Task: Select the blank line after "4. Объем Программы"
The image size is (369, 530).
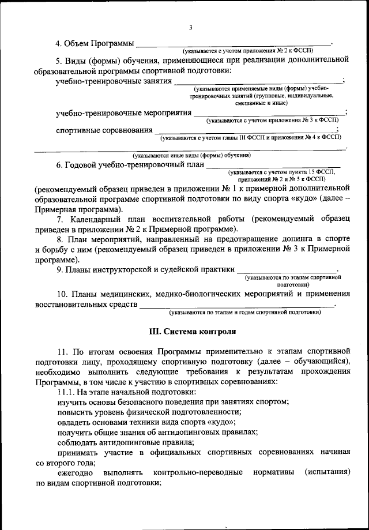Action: pos(234,44)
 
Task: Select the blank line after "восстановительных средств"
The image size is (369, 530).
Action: pos(236,306)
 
